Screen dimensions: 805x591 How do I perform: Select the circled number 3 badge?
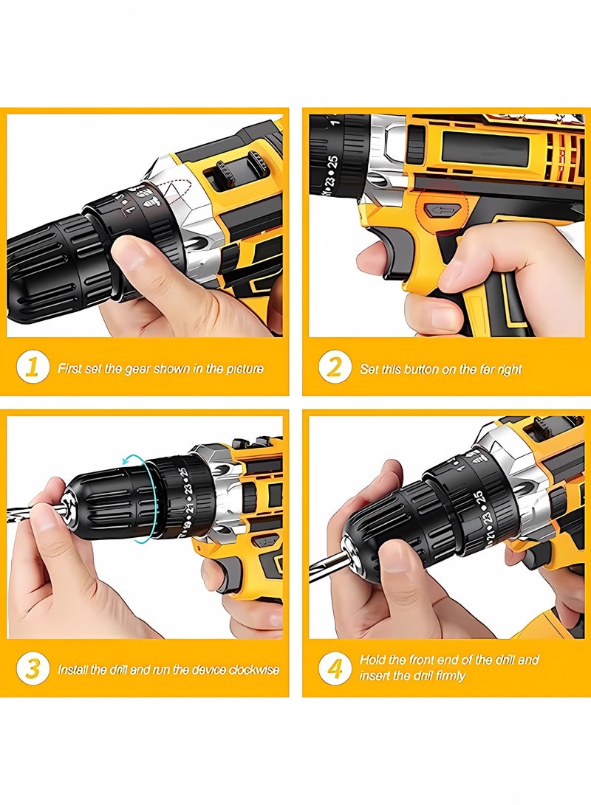tap(32, 669)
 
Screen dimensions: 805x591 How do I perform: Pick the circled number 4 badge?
tap(335, 668)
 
